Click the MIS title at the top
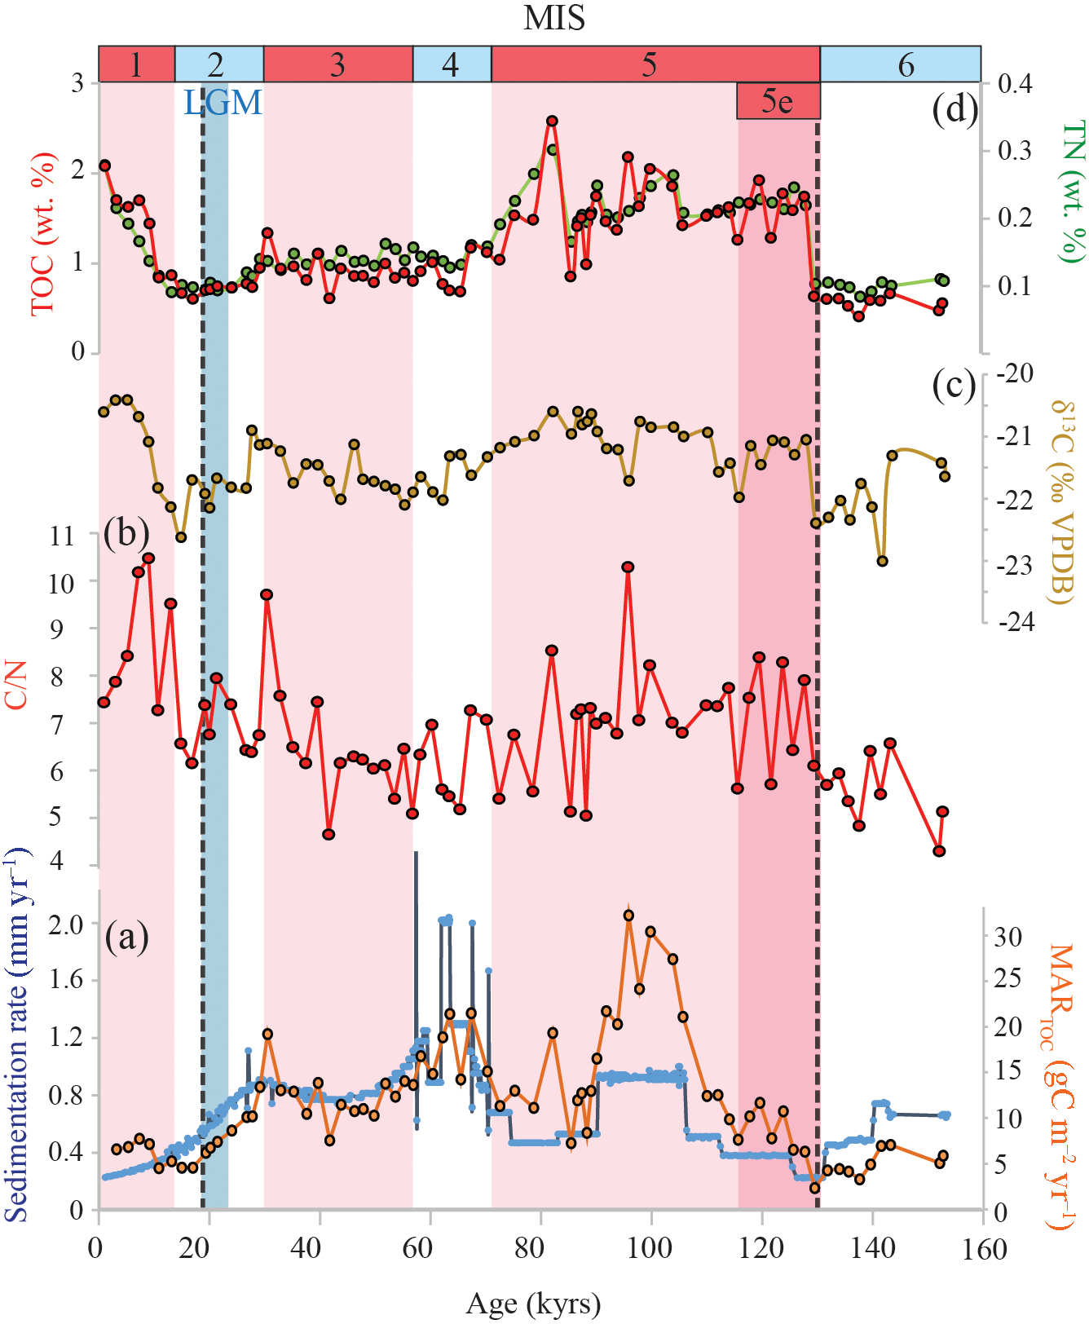coord(553,18)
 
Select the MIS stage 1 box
coord(136,64)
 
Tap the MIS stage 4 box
coord(451,64)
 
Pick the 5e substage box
coord(778,101)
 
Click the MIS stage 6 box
coord(900,64)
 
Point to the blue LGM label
coord(223,103)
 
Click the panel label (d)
coord(955,108)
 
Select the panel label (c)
coord(954,385)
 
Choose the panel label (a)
coord(126,937)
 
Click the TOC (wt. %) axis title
coord(43,233)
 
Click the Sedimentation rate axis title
coord(18,1035)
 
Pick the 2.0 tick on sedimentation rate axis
coord(65,925)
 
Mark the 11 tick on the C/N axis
coord(62,536)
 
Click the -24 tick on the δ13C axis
coord(1016,622)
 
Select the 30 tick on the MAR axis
coord(1008,937)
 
